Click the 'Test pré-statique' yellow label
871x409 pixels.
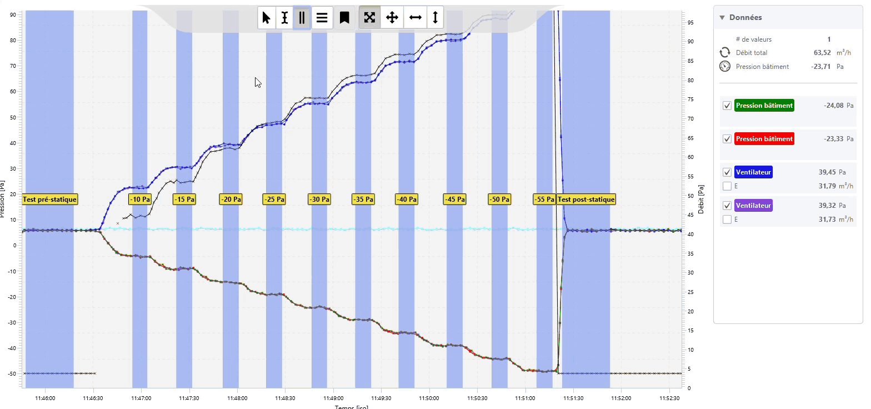50,199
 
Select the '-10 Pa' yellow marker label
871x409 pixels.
139,199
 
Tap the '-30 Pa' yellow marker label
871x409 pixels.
319,199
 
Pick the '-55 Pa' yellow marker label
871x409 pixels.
544,199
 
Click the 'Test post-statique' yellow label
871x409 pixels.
586,199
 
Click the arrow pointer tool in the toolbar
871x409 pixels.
267,18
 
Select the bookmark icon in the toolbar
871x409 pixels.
344,18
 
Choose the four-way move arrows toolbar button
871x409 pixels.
392,18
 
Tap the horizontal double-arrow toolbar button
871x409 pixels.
415,18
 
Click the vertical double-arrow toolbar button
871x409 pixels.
436,18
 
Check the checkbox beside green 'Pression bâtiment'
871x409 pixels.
727,106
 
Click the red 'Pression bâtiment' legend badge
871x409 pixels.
764,139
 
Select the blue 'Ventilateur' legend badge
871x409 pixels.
753,172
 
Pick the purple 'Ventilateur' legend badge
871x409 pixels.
753,206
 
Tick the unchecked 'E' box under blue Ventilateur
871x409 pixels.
727,186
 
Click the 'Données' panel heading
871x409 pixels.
745,18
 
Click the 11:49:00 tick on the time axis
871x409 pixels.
333,398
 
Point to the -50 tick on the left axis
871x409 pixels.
12,374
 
